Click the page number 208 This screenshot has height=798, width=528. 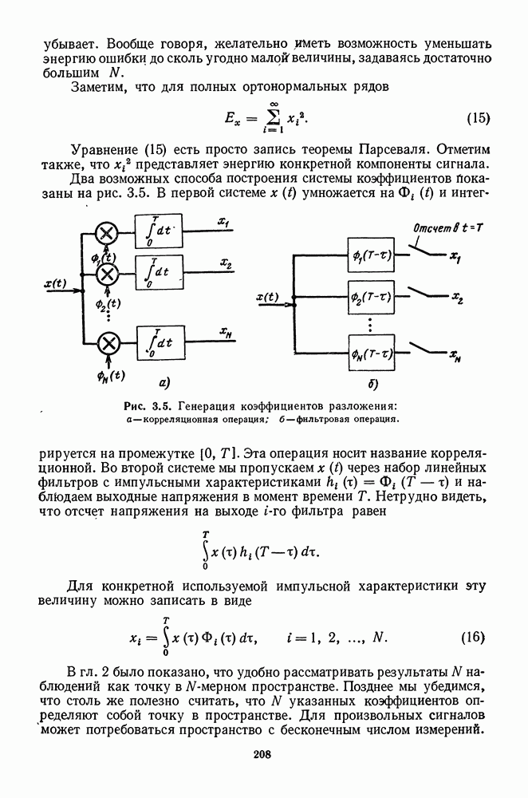point(263,754)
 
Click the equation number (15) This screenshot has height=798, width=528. point(478,119)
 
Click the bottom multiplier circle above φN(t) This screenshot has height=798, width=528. point(107,344)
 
